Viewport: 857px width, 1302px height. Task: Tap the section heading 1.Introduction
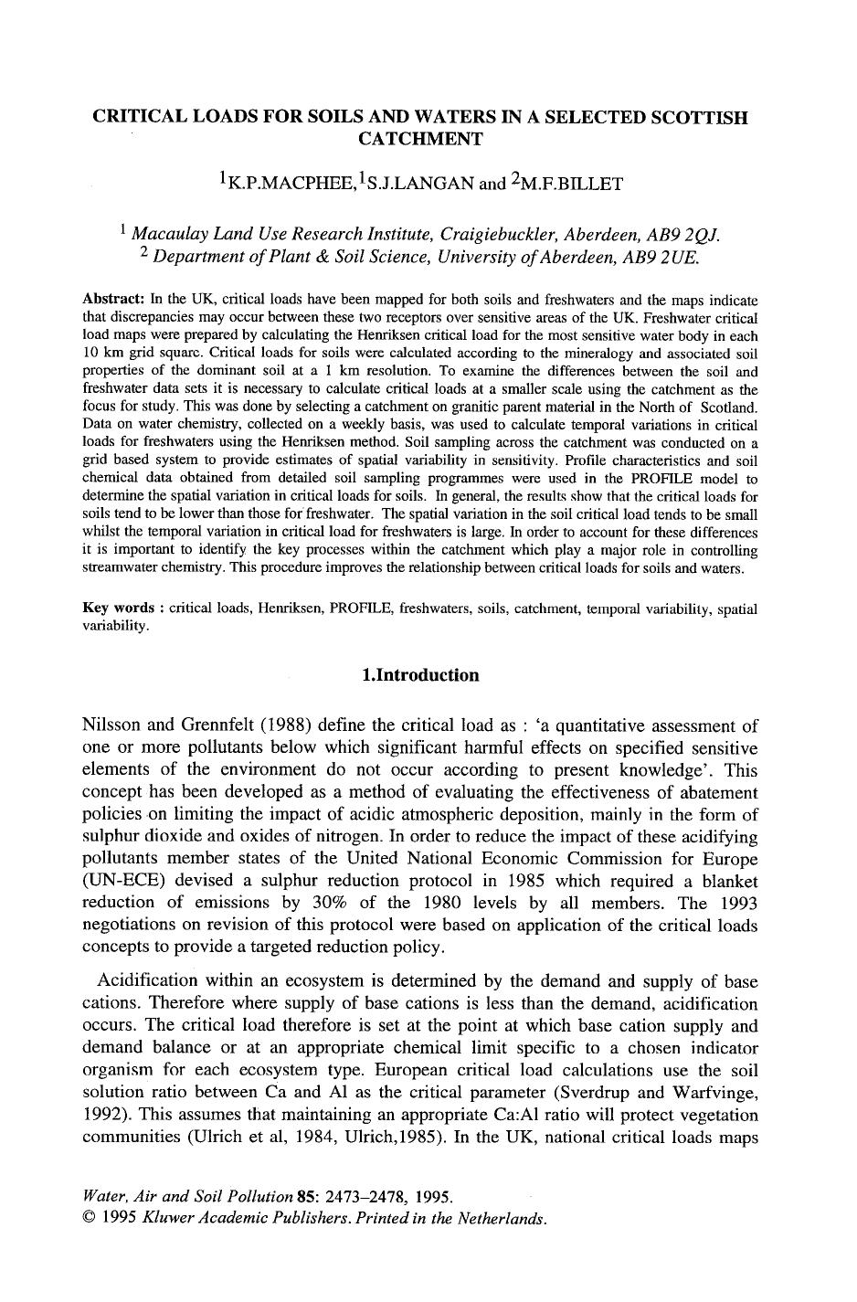click(420, 675)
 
